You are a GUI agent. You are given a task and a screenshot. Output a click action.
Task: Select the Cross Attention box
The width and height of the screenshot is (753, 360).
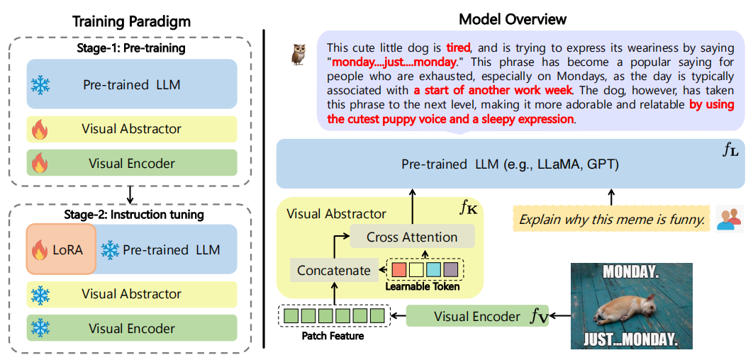pyautogui.click(x=412, y=237)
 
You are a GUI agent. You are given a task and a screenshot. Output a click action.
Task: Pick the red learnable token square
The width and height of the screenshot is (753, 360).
pyautogui.click(x=399, y=270)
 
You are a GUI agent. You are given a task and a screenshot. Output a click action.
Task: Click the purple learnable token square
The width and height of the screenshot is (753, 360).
pyautogui.click(x=451, y=270)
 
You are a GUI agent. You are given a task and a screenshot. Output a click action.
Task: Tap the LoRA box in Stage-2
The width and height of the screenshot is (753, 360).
pyautogui.click(x=62, y=249)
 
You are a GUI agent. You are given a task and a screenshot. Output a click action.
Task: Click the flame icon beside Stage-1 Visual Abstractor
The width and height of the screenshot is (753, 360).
pyautogui.click(x=40, y=129)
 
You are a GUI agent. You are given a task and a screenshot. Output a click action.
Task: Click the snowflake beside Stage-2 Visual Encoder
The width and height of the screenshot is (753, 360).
pyautogui.click(x=40, y=328)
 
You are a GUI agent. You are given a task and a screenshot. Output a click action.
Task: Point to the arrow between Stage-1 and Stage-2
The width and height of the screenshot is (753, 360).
pyautogui.click(x=130, y=193)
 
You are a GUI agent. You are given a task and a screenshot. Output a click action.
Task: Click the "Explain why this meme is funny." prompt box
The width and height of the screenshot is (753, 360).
pyautogui.click(x=611, y=220)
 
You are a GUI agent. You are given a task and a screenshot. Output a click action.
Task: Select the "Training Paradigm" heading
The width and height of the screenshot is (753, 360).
pyautogui.click(x=131, y=21)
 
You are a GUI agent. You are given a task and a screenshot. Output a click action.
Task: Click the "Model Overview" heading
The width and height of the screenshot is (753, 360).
pyautogui.click(x=513, y=20)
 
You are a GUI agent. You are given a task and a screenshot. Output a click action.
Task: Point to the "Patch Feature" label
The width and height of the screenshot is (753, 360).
pyautogui.click(x=333, y=336)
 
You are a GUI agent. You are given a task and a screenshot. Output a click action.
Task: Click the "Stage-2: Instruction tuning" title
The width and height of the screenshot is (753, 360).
pyautogui.click(x=134, y=215)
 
